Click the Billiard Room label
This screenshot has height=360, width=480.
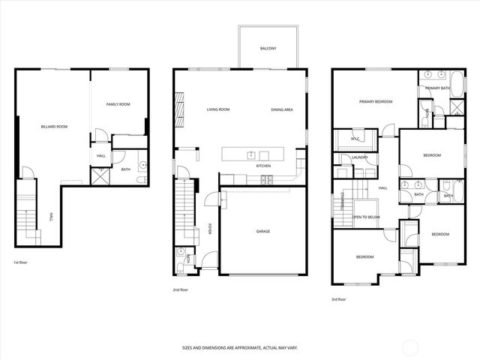[54, 127]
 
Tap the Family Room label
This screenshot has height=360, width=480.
[118, 104]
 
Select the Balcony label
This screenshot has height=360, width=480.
[268, 49]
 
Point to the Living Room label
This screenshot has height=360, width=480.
[218, 109]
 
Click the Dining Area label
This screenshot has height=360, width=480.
[282, 109]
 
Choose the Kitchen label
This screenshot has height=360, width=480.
[263, 166]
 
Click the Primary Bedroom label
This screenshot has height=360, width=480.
[375, 101]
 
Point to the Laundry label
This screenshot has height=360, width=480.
[359, 157]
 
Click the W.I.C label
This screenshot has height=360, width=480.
[356, 139]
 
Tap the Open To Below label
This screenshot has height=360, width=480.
[366, 217]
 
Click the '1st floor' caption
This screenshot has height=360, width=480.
[21, 263]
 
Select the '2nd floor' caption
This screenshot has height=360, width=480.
[180, 289]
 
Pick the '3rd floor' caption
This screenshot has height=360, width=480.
[339, 299]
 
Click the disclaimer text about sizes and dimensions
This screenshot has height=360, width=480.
[239, 348]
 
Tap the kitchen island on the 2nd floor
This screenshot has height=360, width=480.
[253, 154]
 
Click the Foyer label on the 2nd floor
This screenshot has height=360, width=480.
[210, 229]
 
